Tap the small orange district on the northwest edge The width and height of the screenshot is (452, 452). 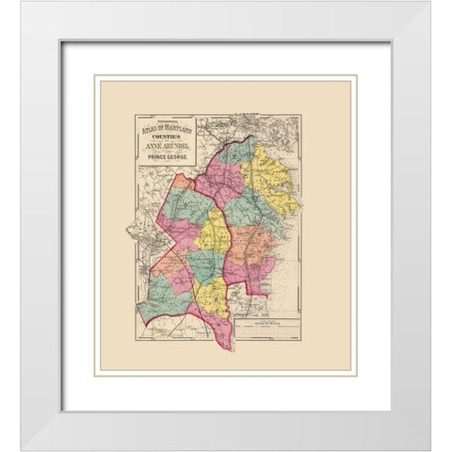point(180,182)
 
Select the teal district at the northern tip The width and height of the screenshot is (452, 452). point(240,151)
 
